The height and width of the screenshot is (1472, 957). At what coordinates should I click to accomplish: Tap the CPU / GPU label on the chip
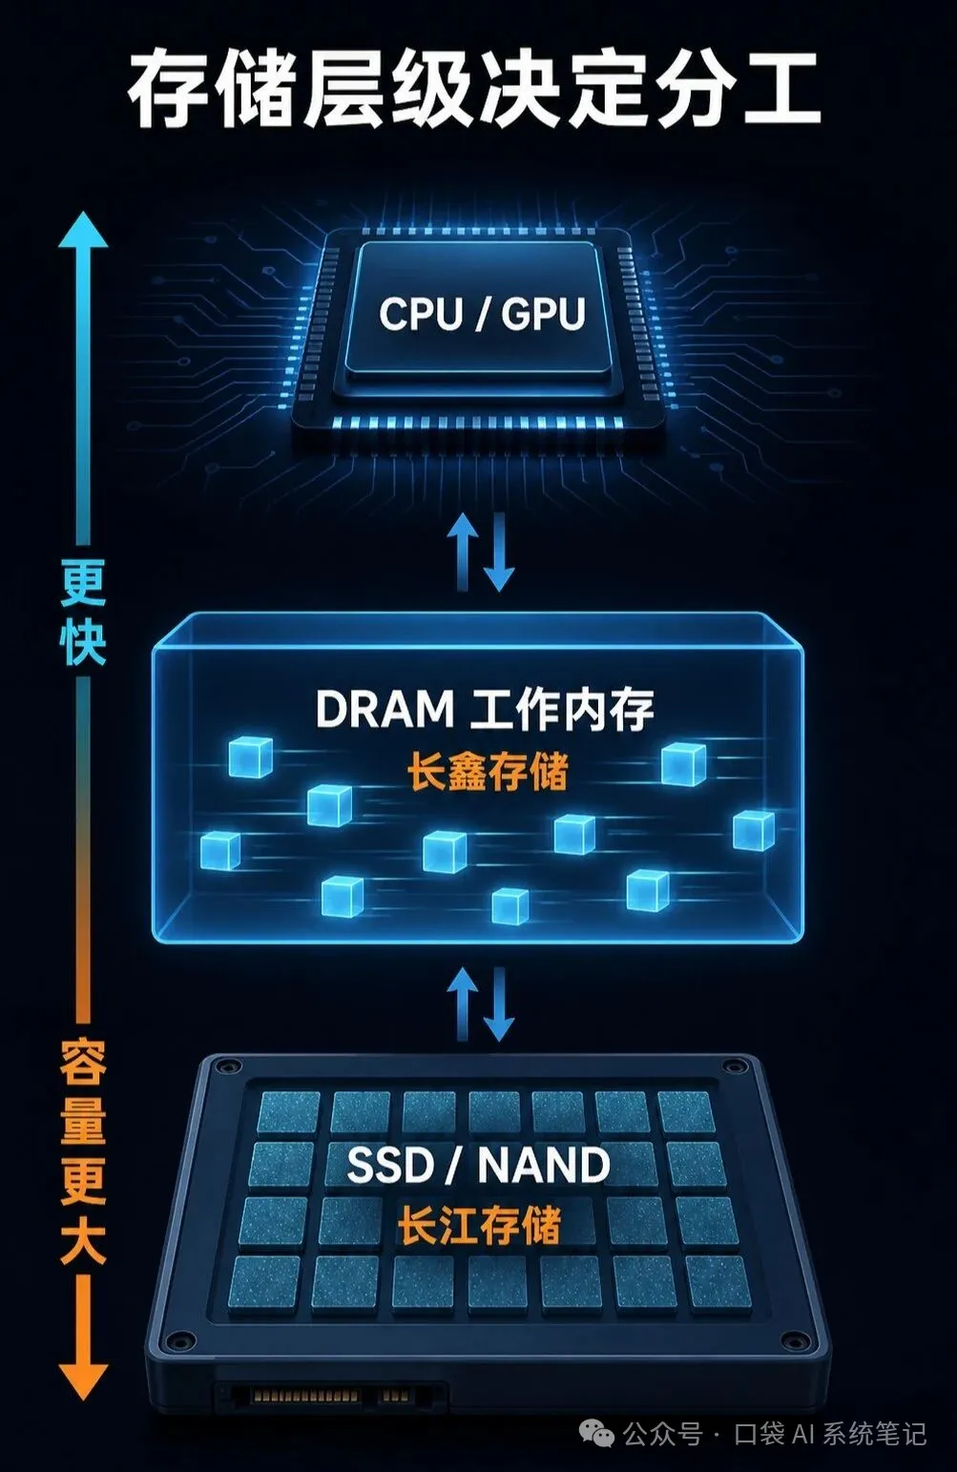coord(482,314)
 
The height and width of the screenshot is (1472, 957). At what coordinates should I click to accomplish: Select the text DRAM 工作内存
coord(485,709)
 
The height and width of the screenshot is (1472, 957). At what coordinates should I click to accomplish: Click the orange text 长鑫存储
coord(487,771)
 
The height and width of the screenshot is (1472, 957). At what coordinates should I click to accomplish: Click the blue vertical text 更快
coord(83,612)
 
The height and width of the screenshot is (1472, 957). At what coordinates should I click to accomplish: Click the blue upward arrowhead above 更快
coord(83,229)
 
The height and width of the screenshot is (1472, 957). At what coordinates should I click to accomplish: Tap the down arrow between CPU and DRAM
coord(499,552)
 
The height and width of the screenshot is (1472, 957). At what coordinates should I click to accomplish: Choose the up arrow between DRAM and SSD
coord(462,1003)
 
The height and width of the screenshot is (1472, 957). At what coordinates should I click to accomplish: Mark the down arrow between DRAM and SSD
coord(499,1005)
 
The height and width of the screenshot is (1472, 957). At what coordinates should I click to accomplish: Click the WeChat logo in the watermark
coord(596,1433)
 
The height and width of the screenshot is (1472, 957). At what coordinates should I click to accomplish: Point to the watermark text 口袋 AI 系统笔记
coord(830,1433)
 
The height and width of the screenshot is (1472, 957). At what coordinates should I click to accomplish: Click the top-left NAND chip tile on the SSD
coord(288,1111)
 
